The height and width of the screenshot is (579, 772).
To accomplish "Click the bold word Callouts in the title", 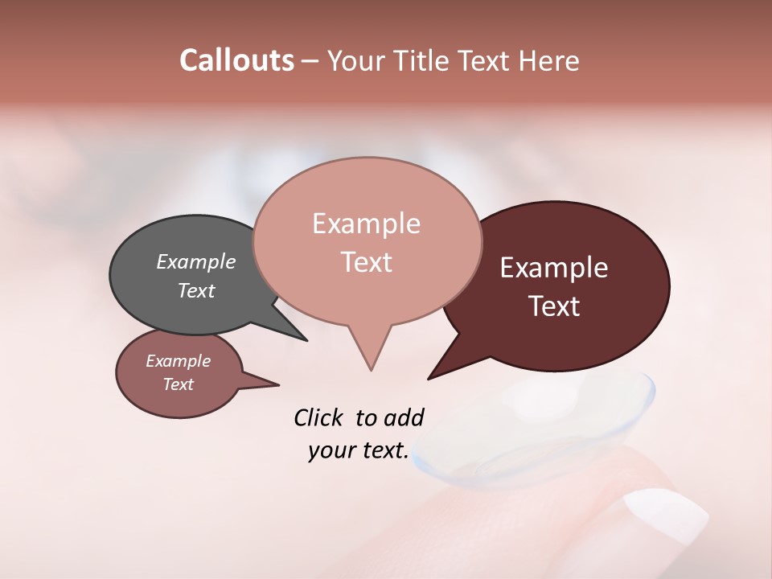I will [x=236, y=60].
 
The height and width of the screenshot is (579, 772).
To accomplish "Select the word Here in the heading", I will [x=548, y=61].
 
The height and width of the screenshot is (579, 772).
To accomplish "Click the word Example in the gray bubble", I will [x=196, y=262].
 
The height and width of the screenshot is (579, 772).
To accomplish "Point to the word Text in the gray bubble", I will [x=196, y=290].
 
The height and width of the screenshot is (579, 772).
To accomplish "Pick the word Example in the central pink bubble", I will [x=366, y=224].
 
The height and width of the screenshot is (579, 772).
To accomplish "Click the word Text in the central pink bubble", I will [x=367, y=262].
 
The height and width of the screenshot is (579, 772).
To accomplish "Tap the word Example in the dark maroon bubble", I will [x=554, y=268].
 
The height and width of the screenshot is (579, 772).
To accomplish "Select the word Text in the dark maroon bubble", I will [x=555, y=306].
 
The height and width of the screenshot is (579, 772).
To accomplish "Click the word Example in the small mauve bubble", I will [x=179, y=361].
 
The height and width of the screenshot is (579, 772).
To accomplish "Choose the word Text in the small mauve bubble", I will [x=179, y=384].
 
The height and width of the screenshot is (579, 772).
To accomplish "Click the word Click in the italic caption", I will [x=318, y=417].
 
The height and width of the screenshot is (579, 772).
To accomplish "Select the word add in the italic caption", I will [x=404, y=417].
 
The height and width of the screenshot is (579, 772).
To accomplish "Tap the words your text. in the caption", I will [x=359, y=450].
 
